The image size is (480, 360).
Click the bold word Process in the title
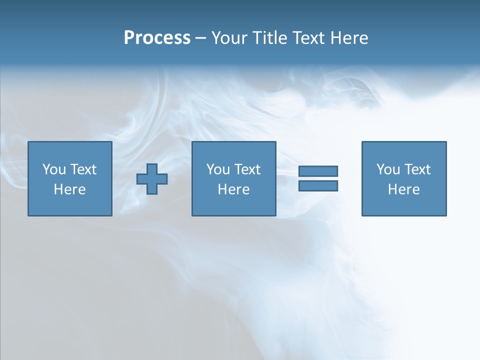pyautogui.click(x=157, y=38)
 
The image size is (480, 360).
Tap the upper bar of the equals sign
pyautogui.click(x=318, y=171)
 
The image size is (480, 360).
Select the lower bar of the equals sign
pyautogui.click(x=318, y=186)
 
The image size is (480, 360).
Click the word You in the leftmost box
pyautogui.click(x=54, y=169)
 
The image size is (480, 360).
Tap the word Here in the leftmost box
pyautogui.click(x=70, y=189)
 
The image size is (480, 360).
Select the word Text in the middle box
pyautogui.click(x=247, y=169)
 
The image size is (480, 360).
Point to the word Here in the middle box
pyautogui.click(x=233, y=189)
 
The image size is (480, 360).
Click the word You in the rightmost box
pyautogui.click(x=388, y=169)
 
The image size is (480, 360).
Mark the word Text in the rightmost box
pyautogui.click(x=417, y=169)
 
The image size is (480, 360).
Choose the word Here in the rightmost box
pyautogui.click(x=404, y=189)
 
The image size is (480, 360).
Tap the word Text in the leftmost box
pyautogui.click(x=83, y=169)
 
